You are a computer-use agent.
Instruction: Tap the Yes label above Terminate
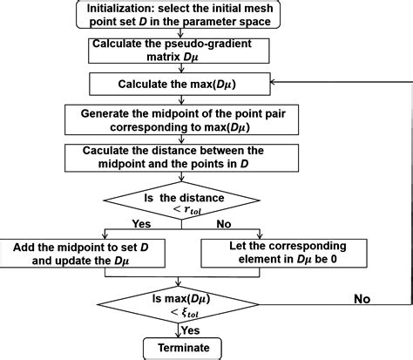191,330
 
